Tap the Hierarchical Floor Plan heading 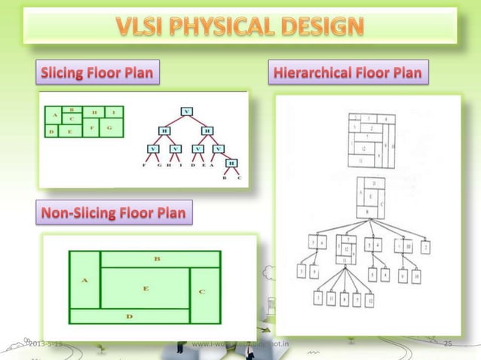click(351, 73)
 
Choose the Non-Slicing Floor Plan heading click(112, 215)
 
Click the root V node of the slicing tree click(185, 112)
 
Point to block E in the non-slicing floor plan click(145, 288)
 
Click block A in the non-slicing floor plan click(84, 279)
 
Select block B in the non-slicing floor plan click(157, 258)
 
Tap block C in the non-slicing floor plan click(202, 290)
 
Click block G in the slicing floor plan click(109, 128)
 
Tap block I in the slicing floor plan click(113, 111)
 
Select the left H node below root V click(164, 130)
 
